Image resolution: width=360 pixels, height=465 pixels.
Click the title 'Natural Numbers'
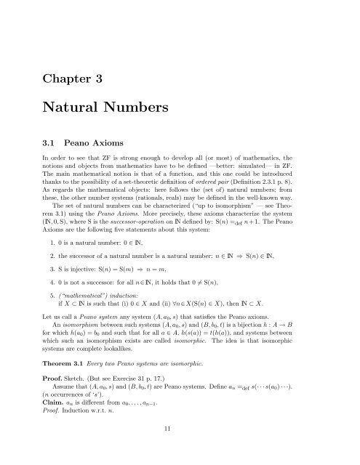[x=119, y=112]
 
